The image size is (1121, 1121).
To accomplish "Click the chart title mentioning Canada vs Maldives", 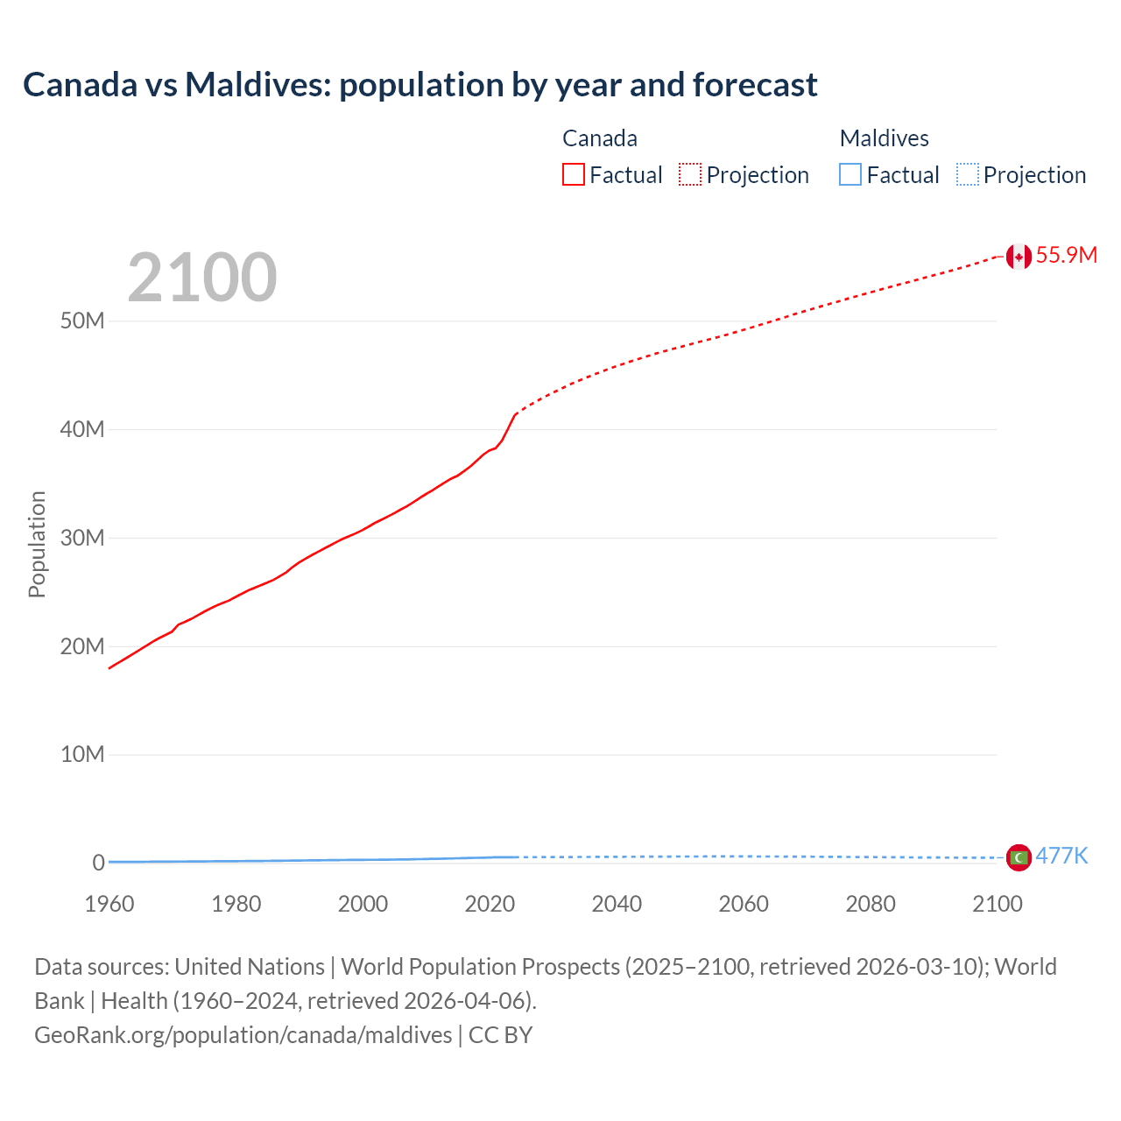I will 419,85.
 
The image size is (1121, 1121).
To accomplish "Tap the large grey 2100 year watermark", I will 202,278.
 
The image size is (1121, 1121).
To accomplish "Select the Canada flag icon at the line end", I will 1018,256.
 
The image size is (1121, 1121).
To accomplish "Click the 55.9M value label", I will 1066,255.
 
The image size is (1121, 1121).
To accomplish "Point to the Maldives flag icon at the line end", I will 1019,857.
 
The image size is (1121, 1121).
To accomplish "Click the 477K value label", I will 1061,856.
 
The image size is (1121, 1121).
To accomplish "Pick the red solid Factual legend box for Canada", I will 574,175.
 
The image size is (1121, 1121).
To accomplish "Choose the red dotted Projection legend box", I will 690,175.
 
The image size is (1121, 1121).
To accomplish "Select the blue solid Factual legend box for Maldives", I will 850,175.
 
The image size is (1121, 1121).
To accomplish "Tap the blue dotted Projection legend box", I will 968,175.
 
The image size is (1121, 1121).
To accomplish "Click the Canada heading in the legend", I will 600,138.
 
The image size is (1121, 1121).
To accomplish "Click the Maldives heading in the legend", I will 884,138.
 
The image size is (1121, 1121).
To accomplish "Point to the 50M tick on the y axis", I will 82,321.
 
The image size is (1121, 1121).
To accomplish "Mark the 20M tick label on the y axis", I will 82,646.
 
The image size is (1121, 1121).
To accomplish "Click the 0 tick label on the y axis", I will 98,863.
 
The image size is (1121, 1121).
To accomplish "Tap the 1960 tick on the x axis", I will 109,904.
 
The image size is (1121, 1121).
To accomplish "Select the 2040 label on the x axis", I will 617,904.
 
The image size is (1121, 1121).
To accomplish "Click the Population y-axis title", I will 37,544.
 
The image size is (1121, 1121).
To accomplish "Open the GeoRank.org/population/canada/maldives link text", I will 243,1035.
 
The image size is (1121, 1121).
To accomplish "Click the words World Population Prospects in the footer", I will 480,967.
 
